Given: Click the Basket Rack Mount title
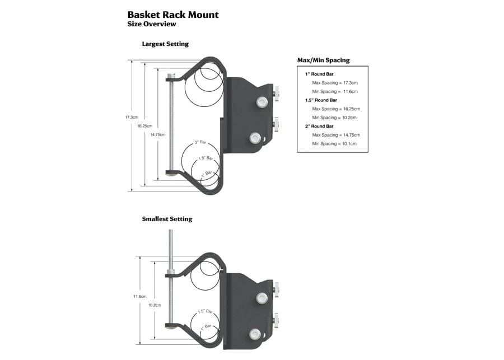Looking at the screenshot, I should point(173,15).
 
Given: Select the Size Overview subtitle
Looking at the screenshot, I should point(152,24).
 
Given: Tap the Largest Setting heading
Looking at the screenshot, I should point(165,44).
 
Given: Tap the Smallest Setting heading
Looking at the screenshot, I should point(167,219).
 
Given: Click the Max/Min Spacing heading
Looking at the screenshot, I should point(323,60).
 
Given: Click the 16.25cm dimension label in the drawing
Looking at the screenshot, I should point(144,126).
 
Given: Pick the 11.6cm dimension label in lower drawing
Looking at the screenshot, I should point(139,296).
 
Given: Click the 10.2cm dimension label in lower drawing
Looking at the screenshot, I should point(155,305).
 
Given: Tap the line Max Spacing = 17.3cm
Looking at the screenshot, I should point(335,82).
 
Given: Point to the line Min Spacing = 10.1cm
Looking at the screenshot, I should point(334,144).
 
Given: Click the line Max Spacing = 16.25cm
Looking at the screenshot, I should point(336,109).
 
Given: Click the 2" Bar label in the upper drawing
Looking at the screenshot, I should point(200,143).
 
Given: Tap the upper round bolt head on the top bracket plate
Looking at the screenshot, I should point(260,102).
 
